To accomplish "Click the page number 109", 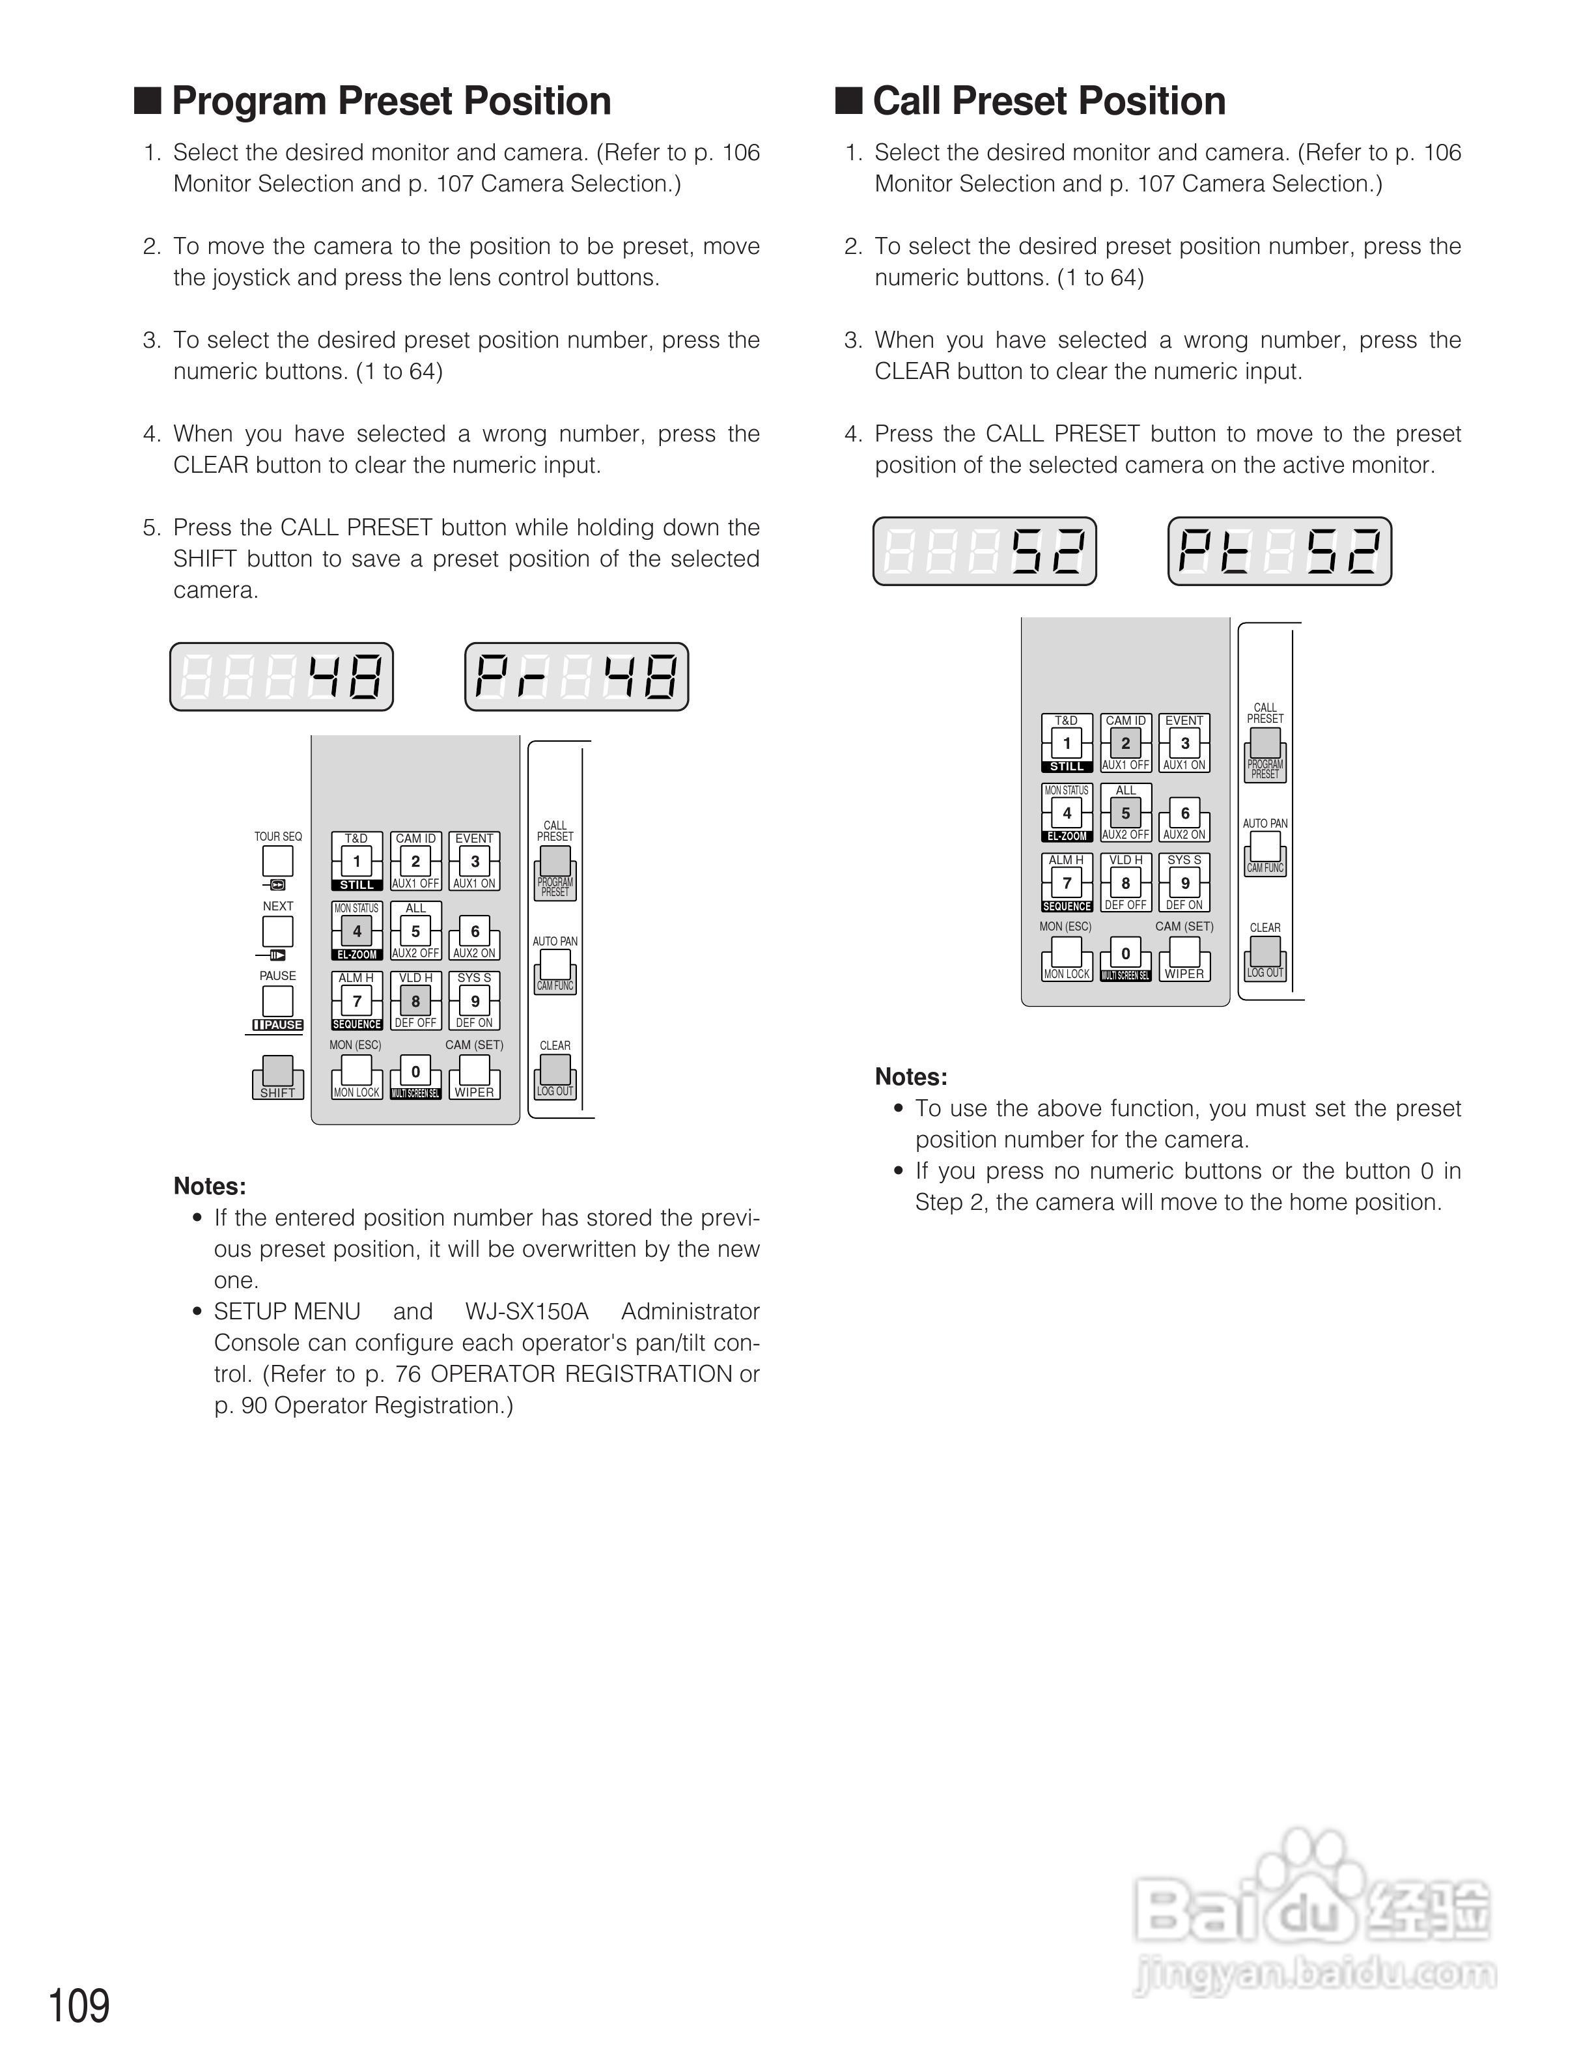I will (x=79, y=2006).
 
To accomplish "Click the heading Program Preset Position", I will (x=391, y=101).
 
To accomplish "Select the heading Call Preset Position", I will (x=1048, y=101).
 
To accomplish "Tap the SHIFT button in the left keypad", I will (x=277, y=1072).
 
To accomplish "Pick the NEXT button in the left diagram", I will (x=277, y=931).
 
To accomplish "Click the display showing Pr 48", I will (x=576, y=677).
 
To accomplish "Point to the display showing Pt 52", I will (x=1279, y=552).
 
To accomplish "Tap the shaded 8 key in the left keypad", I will (x=415, y=1000).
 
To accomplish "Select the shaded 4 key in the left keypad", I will (x=357, y=931).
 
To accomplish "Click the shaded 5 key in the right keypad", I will (x=1126, y=812).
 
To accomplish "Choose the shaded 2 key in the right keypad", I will (x=1126, y=742).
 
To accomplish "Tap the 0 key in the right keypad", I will (x=1126, y=953).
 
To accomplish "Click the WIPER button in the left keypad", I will (x=474, y=1072).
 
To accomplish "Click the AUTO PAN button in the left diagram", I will (x=555, y=965).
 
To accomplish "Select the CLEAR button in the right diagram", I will (x=1265, y=952).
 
